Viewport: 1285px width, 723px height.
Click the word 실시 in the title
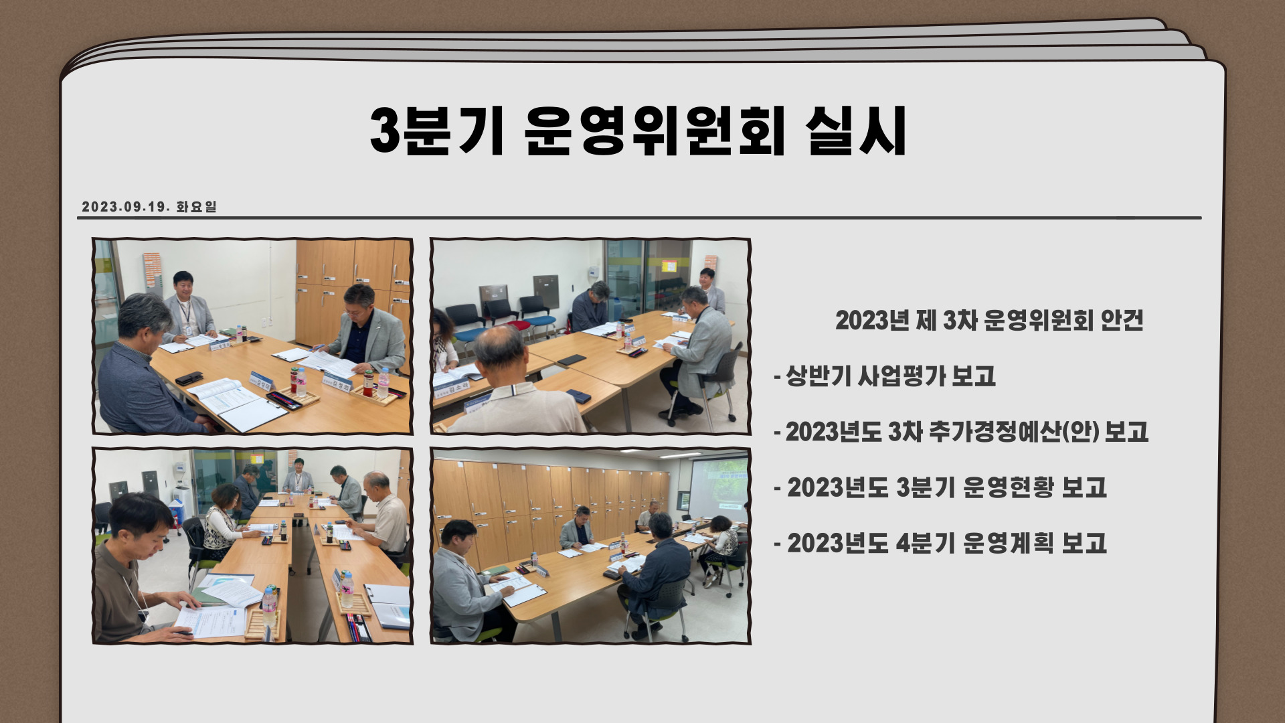coord(856,131)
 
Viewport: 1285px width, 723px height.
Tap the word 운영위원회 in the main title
coord(654,131)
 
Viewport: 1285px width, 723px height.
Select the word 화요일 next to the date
coord(197,207)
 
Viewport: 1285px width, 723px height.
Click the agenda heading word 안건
coord(1121,321)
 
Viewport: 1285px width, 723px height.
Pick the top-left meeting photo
coord(252,336)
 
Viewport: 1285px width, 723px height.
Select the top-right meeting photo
coord(590,336)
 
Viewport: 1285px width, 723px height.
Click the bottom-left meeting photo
coord(252,546)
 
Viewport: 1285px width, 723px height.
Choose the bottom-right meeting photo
coord(590,546)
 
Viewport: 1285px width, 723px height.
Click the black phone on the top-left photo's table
coord(189,378)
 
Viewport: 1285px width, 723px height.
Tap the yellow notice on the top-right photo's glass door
coord(669,266)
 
